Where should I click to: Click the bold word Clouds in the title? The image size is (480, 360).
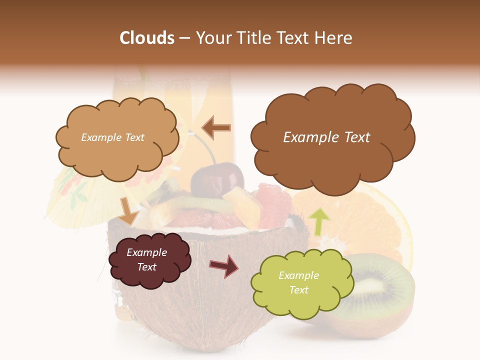(x=147, y=38)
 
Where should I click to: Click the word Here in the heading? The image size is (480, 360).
(x=334, y=38)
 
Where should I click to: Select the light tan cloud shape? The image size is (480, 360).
(x=117, y=150)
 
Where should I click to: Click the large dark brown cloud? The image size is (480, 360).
(x=332, y=160)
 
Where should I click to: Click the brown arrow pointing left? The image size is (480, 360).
(x=216, y=127)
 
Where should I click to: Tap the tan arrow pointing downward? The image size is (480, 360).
(x=129, y=210)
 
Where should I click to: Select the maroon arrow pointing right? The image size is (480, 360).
(x=224, y=265)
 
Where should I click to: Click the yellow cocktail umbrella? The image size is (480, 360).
(x=70, y=195)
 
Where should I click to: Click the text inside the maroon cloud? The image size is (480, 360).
(x=146, y=260)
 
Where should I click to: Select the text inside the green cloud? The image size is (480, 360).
(x=298, y=282)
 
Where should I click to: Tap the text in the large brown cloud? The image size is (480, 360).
(x=326, y=137)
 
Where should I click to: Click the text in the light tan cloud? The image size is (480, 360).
(x=112, y=137)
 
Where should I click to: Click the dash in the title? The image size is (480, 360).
(x=184, y=38)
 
